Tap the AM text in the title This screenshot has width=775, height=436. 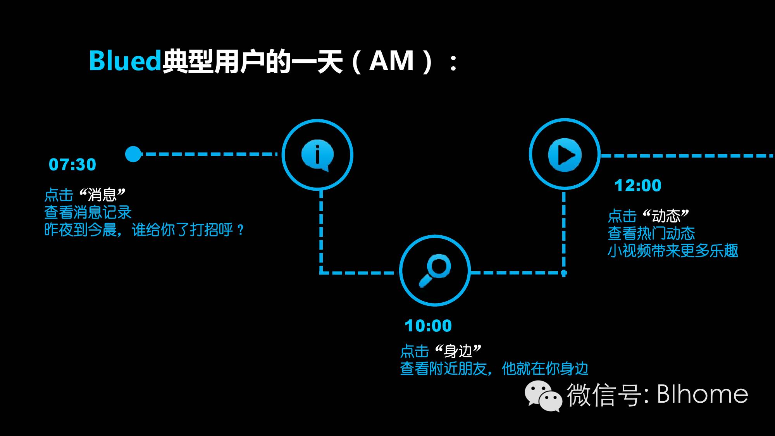[391, 61]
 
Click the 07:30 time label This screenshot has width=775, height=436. [72, 165]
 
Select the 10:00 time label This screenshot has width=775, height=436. [428, 326]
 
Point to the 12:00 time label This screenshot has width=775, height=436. [638, 186]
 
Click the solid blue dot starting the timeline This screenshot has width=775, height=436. [133, 154]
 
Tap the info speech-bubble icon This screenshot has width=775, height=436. [317, 155]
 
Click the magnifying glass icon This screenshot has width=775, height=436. [435, 271]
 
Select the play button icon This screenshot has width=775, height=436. [565, 155]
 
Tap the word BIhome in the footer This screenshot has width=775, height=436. [703, 394]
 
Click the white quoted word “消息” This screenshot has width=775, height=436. [102, 195]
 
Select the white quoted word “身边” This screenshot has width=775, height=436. [458, 351]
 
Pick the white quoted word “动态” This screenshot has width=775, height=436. [666, 215]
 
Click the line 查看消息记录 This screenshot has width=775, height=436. [88, 212]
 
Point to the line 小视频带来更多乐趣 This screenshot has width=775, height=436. [673, 251]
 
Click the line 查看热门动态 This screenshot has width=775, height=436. [651, 233]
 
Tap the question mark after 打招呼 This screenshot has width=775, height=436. [241, 230]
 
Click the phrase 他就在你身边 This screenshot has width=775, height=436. [545, 369]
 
